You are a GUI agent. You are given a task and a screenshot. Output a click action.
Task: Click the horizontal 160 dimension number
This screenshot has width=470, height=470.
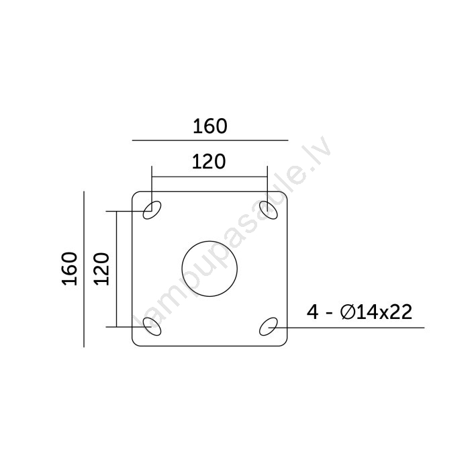click(209, 126)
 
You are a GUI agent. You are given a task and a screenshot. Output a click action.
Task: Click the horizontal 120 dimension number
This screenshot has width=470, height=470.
click(209, 162)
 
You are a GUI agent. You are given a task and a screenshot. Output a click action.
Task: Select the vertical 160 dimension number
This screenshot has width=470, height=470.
click(70, 269)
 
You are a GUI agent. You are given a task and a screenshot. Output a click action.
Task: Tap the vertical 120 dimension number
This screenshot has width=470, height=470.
click(101, 269)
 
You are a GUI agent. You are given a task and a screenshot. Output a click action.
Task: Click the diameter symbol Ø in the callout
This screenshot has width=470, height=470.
click(347, 312)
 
